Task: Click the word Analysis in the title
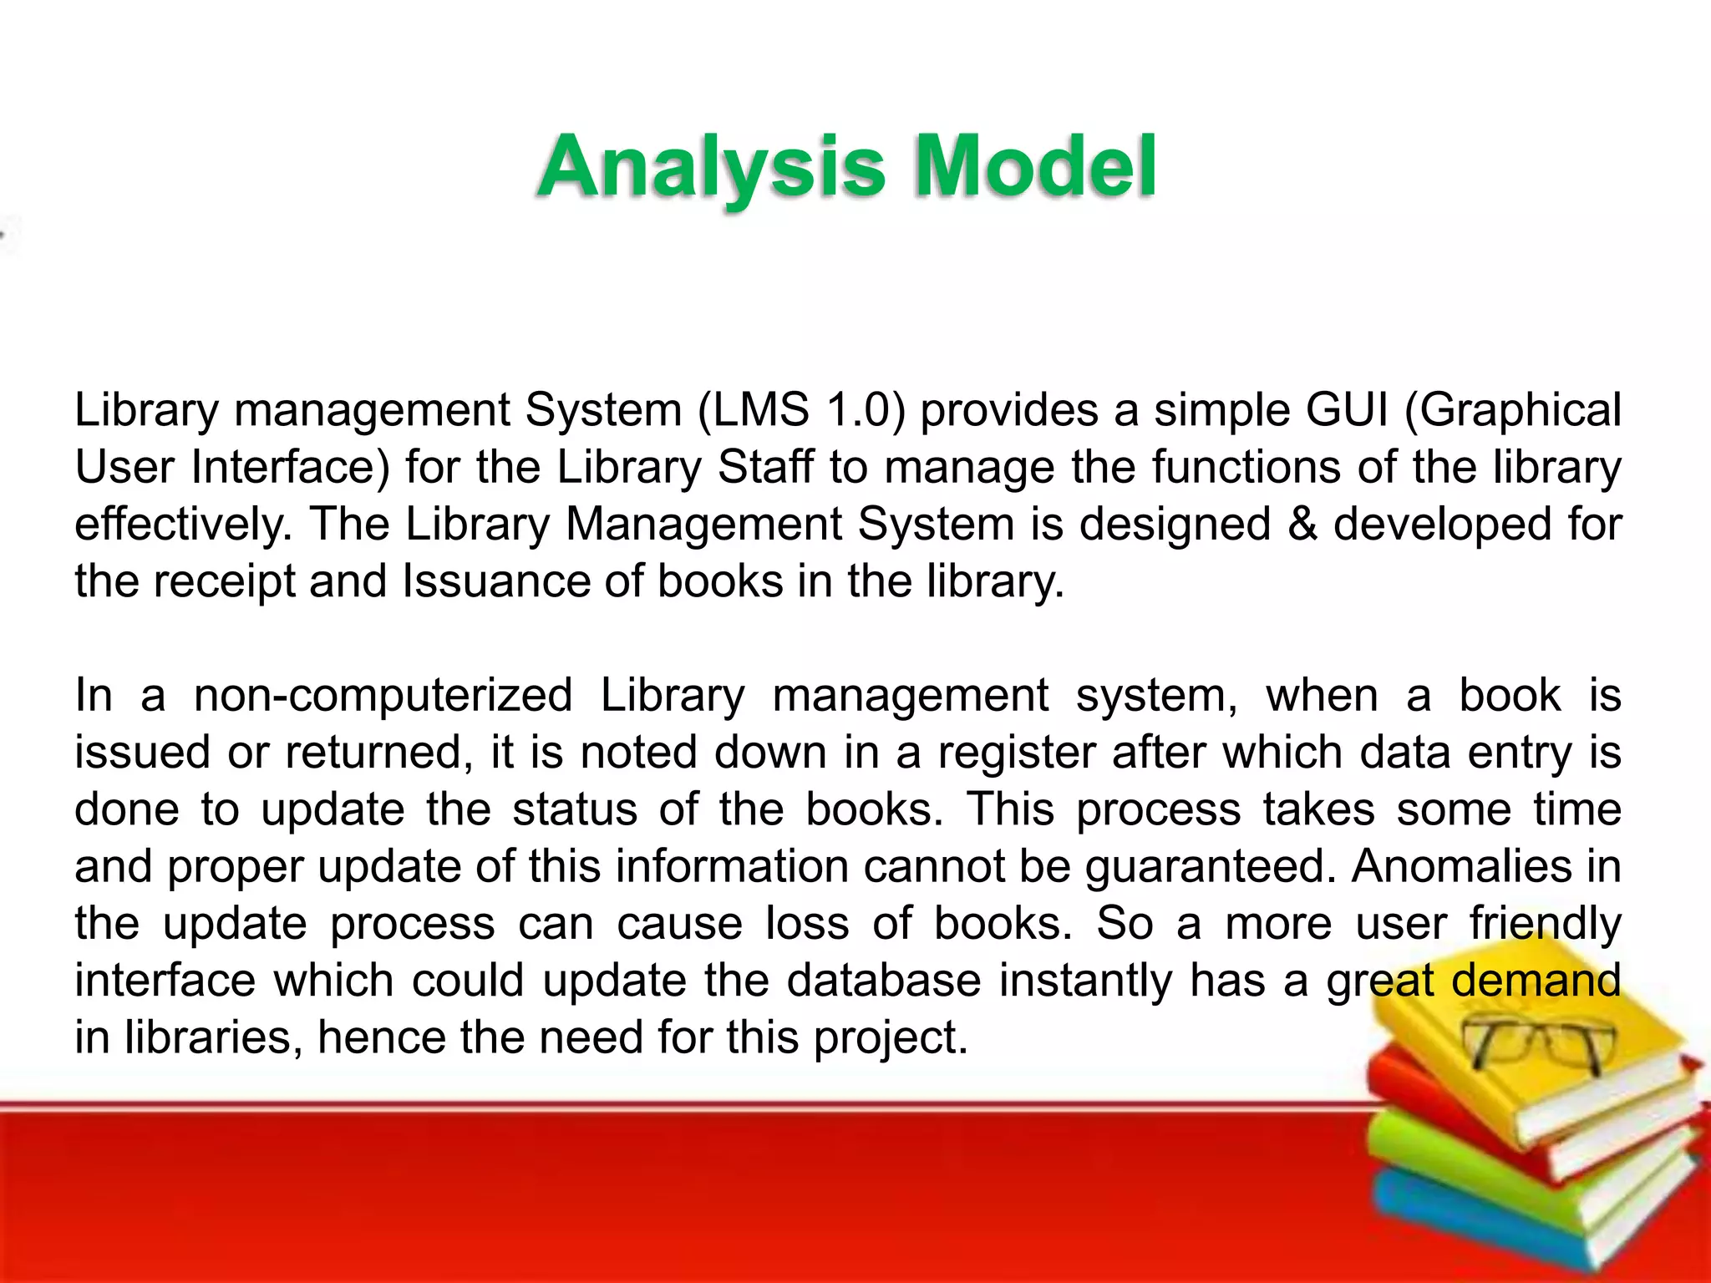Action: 710,167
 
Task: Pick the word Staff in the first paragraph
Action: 765,467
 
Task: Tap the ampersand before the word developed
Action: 1302,525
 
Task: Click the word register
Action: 1016,753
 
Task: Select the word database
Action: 884,981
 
